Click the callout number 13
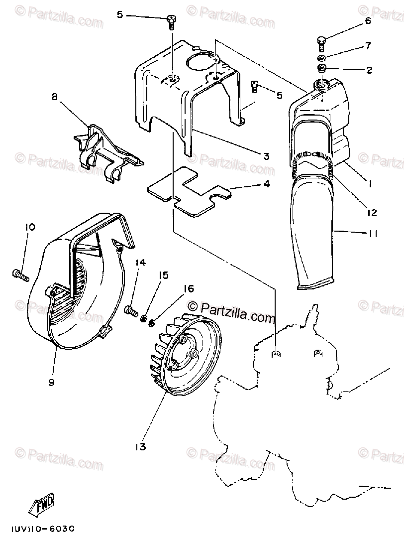(140, 447)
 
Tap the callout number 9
(51, 382)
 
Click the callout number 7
(368, 46)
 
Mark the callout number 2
(369, 70)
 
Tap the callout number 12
(371, 213)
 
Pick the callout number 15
(163, 275)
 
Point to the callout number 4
(267, 184)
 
